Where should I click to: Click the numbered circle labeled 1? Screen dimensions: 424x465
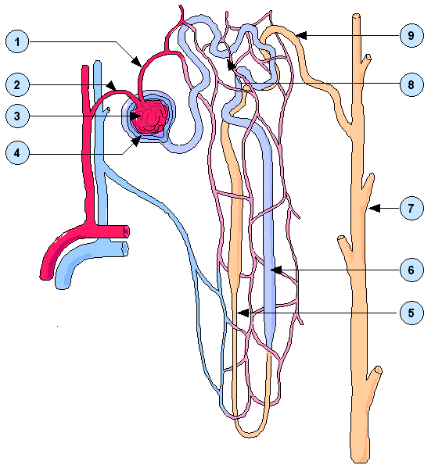point(17,42)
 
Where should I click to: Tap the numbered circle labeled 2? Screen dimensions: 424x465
point(17,85)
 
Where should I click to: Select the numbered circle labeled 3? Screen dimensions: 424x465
point(17,116)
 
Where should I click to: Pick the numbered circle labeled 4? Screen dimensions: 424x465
point(17,153)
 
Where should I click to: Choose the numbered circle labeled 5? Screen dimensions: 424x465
point(411,313)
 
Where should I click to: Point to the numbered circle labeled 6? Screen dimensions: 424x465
point(411,270)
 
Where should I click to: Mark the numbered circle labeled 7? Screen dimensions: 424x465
point(411,209)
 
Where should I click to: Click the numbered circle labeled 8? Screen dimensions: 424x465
point(411,85)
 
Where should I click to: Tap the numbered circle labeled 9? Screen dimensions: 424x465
point(411,36)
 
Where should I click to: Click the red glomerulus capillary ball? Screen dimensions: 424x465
point(150,116)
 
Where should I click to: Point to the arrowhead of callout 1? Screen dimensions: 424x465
point(137,62)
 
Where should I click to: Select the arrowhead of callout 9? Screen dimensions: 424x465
point(301,36)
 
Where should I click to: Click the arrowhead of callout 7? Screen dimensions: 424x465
point(375,209)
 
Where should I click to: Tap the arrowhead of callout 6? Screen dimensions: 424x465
point(275,270)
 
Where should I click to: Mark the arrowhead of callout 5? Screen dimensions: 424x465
point(243,313)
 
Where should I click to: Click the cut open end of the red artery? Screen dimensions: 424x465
point(127,231)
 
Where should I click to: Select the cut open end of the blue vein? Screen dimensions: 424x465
point(125,249)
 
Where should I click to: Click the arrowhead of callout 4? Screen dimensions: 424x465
point(135,141)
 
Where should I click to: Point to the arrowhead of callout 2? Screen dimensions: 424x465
point(112,86)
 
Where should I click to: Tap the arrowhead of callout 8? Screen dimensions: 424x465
point(231,65)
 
